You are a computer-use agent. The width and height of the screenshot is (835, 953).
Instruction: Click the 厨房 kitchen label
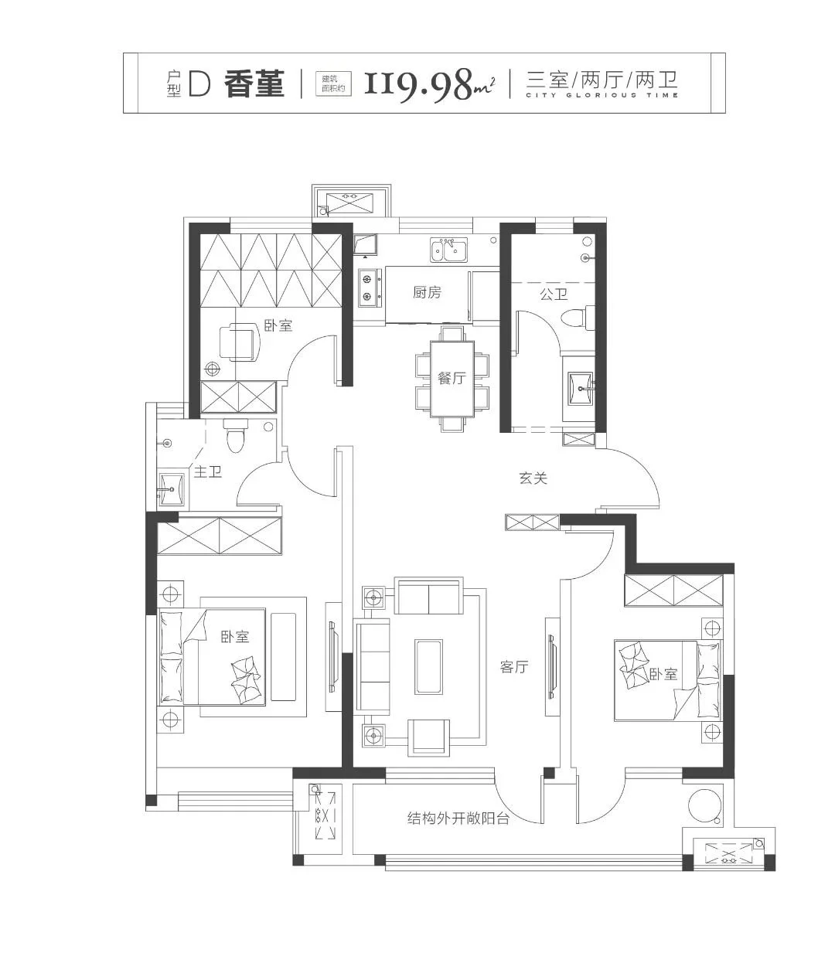point(426,292)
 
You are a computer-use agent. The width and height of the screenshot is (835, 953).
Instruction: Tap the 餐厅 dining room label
point(452,377)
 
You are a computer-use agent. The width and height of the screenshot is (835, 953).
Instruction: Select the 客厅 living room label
point(514,667)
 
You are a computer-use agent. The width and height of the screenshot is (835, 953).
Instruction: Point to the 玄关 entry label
point(533,478)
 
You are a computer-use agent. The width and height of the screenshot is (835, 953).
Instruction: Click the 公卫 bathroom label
point(554,294)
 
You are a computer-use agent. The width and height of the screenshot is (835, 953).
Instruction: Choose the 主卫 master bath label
point(207,471)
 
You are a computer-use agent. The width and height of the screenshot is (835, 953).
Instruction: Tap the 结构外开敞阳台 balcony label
point(458,819)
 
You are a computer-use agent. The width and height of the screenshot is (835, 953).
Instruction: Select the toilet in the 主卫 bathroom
point(235,435)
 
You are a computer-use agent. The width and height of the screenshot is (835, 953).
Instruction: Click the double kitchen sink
point(448,250)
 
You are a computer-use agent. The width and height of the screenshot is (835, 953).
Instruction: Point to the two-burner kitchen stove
point(370,288)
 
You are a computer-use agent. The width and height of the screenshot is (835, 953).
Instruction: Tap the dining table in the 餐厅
point(452,379)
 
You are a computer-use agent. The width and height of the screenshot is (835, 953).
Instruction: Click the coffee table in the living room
point(428,666)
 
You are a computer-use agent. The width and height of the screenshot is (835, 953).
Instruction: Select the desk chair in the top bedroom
point(239,342)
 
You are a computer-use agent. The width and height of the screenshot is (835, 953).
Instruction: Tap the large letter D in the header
point(199,83)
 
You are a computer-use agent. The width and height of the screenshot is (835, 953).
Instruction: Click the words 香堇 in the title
point(254,83)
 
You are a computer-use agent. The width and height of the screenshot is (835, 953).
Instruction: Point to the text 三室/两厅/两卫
point(602,80)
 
